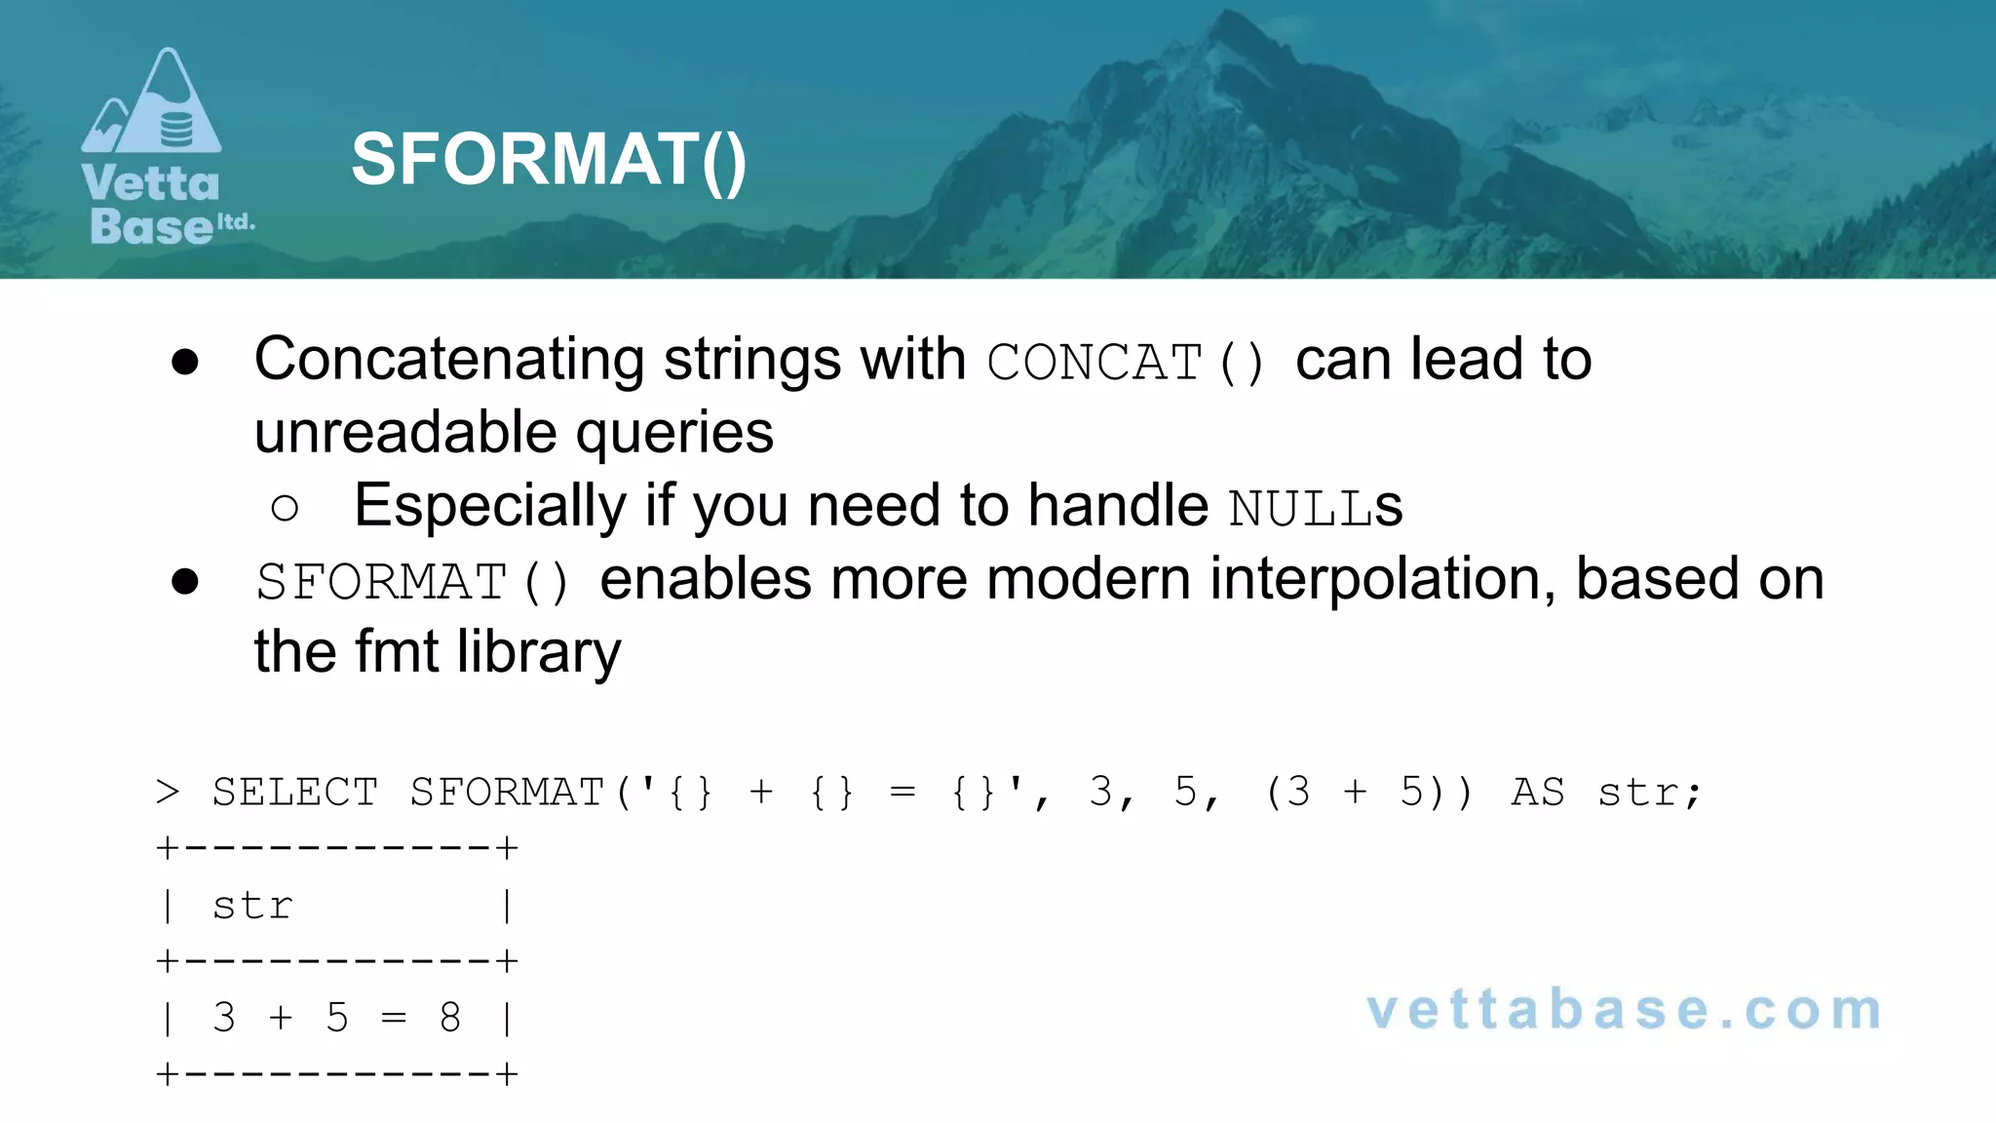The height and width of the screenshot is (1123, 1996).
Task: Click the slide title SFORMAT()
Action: [x=549, y=160]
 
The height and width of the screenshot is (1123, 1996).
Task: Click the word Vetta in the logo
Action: [x=151, y=184]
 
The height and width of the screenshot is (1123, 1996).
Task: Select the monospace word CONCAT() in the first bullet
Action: [x=1126, y=363]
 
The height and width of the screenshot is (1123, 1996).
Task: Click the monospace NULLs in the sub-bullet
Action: [x=1315, y=508]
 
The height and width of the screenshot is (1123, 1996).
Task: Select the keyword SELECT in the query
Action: [x=295, y=793]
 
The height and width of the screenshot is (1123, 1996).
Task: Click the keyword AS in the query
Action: [x=1538, y=793]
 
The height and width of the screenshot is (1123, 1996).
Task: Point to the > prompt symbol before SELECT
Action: [x=168, y=793]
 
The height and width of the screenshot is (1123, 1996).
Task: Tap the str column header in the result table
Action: [x=252, y=906]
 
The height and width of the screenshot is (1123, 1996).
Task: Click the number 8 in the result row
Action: [x=449, y=1019]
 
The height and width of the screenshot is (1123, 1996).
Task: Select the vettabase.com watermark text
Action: [x=1624, y=1010]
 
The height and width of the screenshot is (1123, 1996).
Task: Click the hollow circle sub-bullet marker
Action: [x=285, y=508]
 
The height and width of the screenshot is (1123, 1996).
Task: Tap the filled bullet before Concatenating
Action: [x=185, y=363]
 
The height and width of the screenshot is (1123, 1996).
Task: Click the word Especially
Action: [x=490, y=507]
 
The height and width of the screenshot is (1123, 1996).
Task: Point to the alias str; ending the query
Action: [x=1649, y=793]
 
